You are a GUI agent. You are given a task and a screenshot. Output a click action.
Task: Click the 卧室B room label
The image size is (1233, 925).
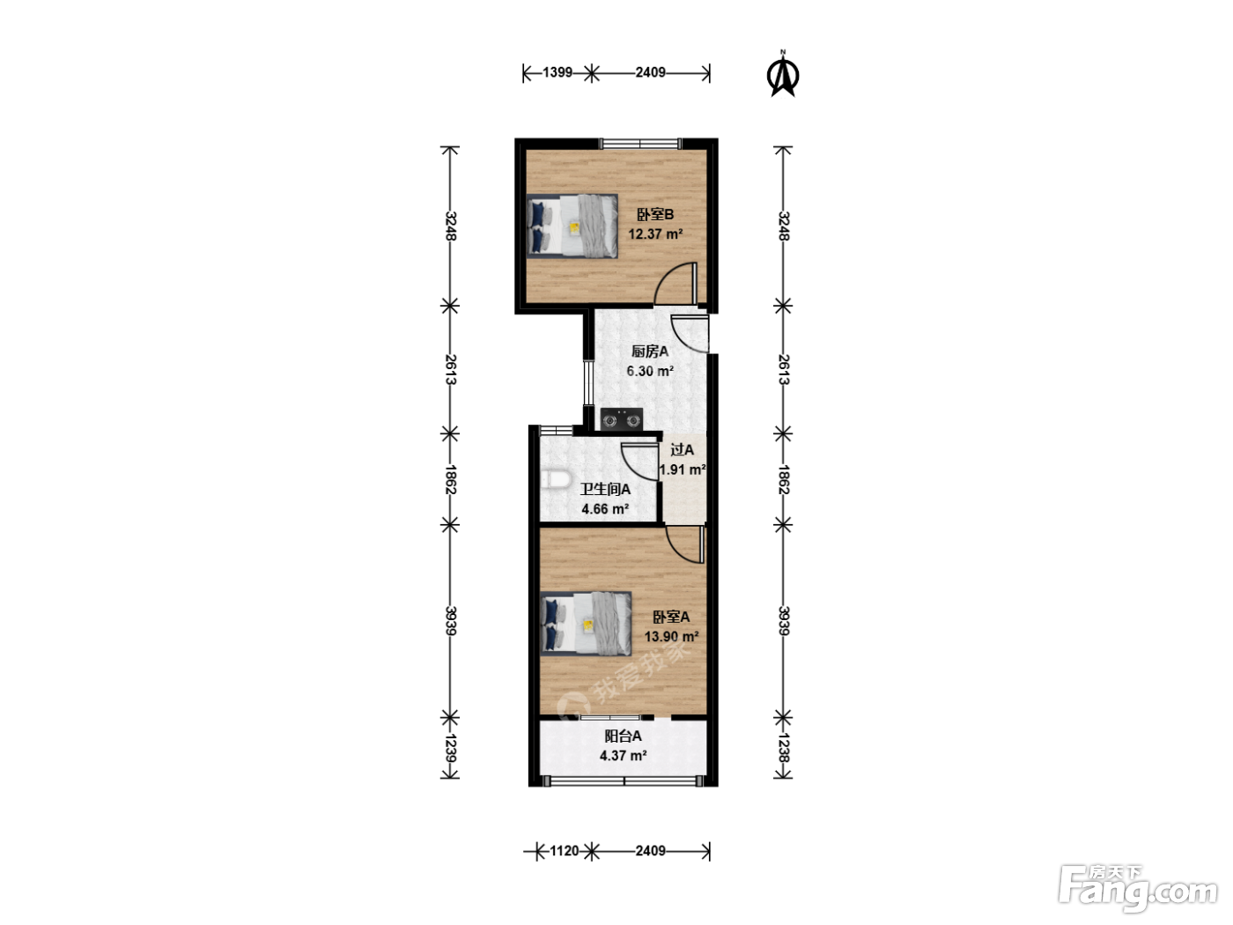click(x=655, y=215)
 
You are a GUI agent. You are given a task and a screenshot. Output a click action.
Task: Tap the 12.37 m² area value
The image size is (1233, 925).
click(x=655, y=234)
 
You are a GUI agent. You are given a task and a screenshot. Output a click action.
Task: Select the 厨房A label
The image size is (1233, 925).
click(x=649, y=351)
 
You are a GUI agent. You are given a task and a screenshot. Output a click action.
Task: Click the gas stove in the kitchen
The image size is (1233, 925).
click(x=621, y=419)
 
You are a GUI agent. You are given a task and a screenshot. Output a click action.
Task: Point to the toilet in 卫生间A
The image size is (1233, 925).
click(x=556, y=481)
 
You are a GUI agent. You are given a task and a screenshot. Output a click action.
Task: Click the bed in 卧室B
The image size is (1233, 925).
click(x=572, y=226)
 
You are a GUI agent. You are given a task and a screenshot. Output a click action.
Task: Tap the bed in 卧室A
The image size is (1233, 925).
click(x=586, y=624)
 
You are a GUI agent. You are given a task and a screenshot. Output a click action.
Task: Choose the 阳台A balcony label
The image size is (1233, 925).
click(x=623, y=736)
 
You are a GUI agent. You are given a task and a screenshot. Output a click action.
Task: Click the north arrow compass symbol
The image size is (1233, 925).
click(x=783, y=74)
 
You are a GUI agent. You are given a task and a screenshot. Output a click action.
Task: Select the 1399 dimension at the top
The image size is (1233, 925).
click(x=557, y=72)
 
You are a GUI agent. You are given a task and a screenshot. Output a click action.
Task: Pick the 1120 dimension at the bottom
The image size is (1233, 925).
click(x=564, y=851)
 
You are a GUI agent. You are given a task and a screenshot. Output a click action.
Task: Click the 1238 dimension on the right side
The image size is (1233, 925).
click(x=784, y=748)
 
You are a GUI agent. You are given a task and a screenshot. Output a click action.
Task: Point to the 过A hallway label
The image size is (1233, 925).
click(x=682, y=450)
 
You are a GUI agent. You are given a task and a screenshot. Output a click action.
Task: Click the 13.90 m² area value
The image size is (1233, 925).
click(x=671, y=637)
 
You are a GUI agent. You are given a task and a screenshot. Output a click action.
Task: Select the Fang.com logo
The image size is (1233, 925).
click(x=1138, y=889)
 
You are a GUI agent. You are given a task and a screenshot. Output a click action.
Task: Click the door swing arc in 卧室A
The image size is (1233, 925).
click(x=678, y=552)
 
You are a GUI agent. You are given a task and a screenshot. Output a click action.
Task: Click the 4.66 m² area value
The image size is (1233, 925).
click(x=604, y=509)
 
